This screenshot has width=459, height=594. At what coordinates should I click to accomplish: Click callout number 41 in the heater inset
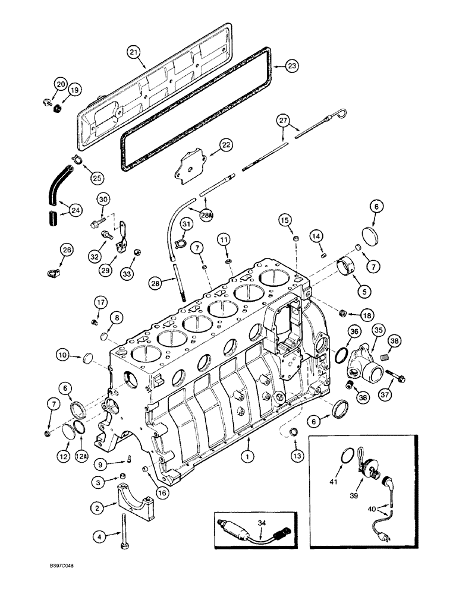[334, 483]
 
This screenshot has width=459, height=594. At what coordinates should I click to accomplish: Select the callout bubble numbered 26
[66, 251]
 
